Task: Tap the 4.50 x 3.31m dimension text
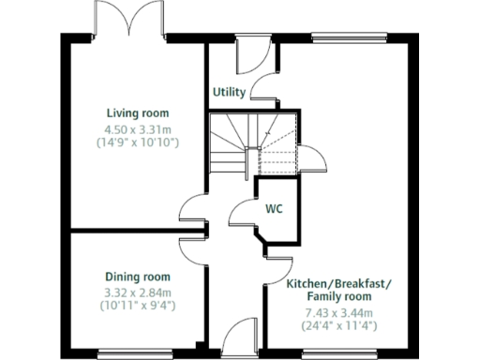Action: [x=137, y=128]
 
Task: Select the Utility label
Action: [x=229, y=93]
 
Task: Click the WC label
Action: [x=275, y=208]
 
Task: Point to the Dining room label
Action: [x=138, y=277]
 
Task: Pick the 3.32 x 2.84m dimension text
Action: [x=138, y=291]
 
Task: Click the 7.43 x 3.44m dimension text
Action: [x=338, y=313]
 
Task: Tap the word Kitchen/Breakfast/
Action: [x=339, y=283]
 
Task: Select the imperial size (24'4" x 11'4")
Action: [x=338, y=326]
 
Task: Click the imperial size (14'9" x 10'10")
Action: [x=137, y=142]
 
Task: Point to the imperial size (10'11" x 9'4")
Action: [x=138, y=305]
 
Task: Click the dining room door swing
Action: [x=192, y=249]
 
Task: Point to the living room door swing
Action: [x=193, y=208]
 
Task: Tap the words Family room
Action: [x=338, y=297]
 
